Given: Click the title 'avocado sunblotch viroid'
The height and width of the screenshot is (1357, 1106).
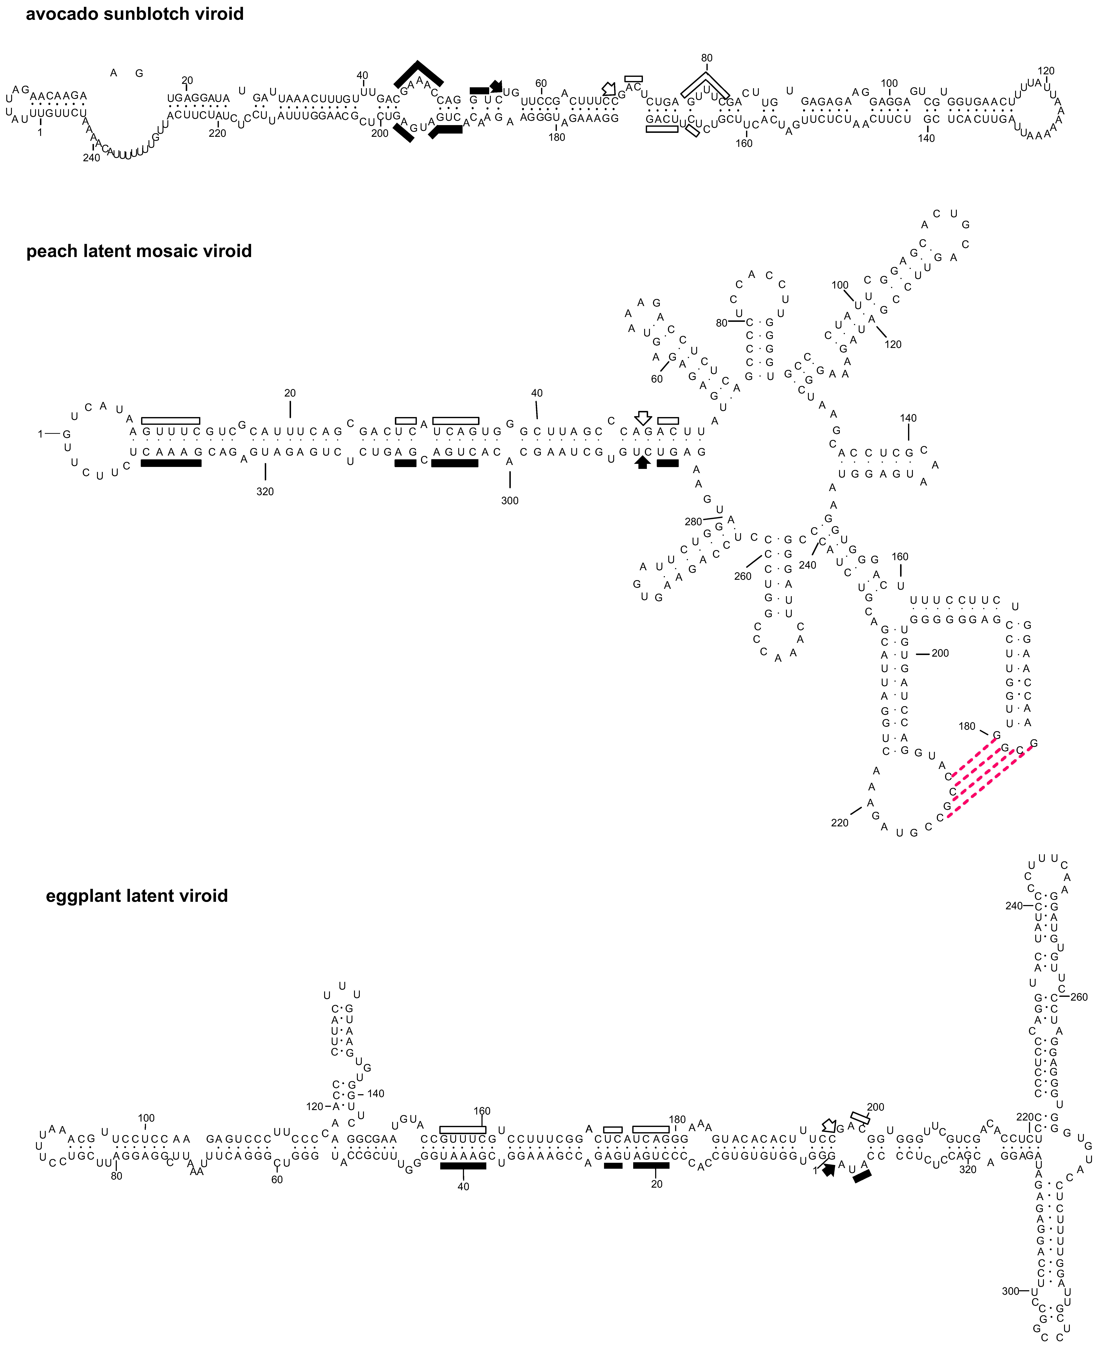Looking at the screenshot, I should [134, 14].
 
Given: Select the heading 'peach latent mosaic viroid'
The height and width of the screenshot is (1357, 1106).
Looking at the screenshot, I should [139, 251].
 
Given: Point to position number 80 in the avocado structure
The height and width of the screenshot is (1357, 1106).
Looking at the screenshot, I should [707, 58].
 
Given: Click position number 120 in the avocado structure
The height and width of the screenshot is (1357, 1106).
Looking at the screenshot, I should [1046, 71].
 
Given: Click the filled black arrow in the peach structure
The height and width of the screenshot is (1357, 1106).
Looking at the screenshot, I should [642, 463].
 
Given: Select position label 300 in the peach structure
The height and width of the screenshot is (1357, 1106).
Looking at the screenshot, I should [510, 501].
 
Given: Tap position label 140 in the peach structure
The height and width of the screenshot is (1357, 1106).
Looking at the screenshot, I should [908, 418].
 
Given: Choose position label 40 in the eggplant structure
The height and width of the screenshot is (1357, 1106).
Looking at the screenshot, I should [463, 1186].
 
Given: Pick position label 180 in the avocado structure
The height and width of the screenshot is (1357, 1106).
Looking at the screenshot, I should [557, 137].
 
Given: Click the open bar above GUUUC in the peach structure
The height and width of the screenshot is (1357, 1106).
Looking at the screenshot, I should [171, 420].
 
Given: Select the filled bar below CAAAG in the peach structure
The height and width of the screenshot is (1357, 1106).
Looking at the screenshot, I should [171, 463].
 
